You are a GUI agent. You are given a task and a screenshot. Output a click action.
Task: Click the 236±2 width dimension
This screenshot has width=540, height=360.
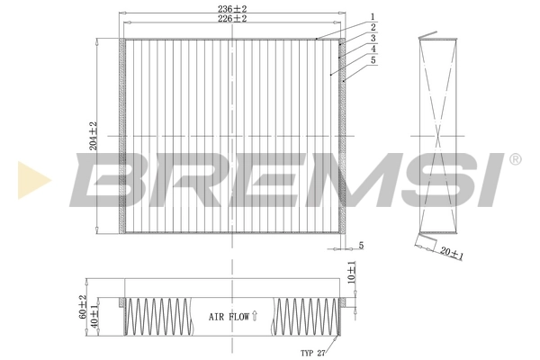point(231,8)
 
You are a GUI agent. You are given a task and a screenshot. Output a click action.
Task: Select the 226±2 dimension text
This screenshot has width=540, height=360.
point(231,20)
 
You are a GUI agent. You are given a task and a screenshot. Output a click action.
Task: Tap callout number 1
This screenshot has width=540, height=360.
point(372,15)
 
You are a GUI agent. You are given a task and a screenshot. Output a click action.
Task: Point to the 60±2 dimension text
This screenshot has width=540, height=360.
point(83,308)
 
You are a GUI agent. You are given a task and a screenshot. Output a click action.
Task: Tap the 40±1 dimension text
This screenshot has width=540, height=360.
point(96,318)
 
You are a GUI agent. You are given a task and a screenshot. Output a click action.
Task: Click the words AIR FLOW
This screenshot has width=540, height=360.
point(229,317)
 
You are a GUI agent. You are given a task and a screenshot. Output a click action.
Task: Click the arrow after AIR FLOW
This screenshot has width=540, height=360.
point(256,316)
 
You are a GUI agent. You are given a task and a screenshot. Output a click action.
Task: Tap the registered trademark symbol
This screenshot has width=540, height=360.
point(515,160)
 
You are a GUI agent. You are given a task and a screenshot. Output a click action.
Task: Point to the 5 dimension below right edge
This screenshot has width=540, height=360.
point(359,245)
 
